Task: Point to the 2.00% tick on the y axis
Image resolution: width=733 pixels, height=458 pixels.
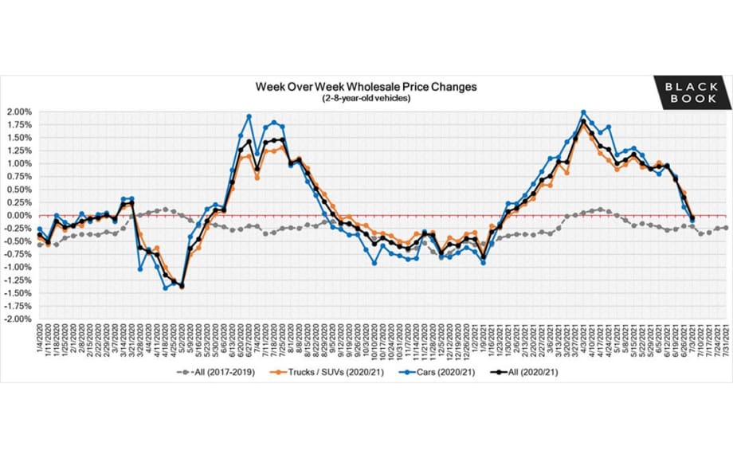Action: pos(18,112)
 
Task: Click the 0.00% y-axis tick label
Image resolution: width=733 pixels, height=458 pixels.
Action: pos(18,215)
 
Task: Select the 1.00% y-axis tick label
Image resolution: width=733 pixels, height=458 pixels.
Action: pos(18,164)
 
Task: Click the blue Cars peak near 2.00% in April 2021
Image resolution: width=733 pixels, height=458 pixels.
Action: pos(583,112)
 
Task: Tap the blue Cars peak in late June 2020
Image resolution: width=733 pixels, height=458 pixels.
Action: pos(249,116)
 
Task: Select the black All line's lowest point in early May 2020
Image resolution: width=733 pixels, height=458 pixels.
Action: pos(182,285)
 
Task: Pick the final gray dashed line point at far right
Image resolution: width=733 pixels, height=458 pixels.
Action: pos(726,228)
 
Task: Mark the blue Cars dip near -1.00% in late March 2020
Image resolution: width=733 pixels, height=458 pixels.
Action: pos(140,269)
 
